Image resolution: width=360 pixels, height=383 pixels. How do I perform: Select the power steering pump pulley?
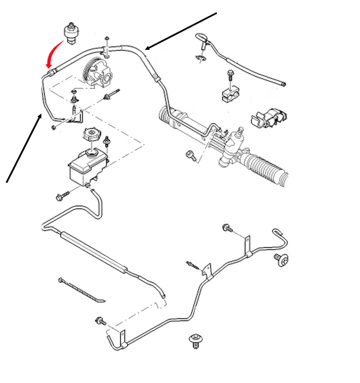coord(90,71)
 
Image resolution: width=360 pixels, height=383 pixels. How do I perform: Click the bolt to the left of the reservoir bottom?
coord(61,197)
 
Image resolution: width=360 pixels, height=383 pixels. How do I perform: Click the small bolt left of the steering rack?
coord(191,155)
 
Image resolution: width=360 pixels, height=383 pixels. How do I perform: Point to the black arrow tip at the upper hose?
coord(146,49)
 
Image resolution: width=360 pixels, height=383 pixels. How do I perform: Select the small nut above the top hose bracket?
coord(107,39)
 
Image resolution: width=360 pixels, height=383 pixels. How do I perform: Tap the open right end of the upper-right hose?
coord(284,84)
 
